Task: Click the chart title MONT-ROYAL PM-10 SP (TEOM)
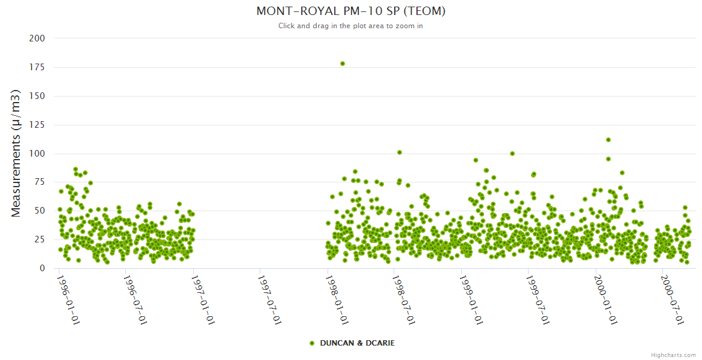click(x=350, y=11)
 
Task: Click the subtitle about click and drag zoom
click(x=350, y=26)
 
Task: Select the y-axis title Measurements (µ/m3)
click(x=17, y=153)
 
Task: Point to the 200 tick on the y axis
click(x=37, y=38)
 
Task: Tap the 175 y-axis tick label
click(x=37, y=67)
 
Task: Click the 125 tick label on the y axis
click(x=37, y=125)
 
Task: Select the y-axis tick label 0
click(x=42, y=269)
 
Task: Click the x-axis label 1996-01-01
click(x=70, y=301)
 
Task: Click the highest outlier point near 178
click(x=343, y=64)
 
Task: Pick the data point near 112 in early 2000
click(x=608, y=140)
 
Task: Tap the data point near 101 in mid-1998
click(x=400, y=152)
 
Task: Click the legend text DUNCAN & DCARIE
click(x=357, y=343)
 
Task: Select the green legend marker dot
click(x=311, y=343)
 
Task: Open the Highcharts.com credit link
click(x=673, y=355)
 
